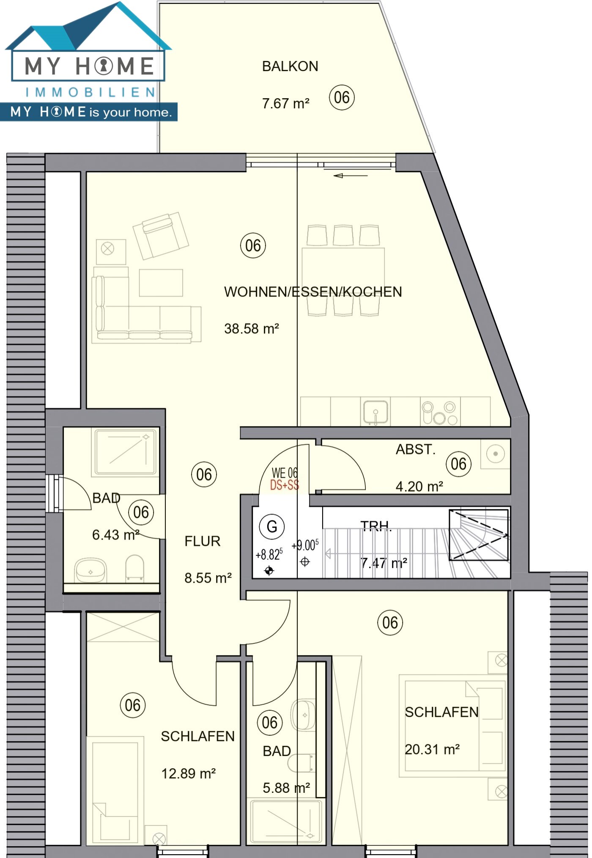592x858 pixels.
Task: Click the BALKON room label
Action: pyautogui.click(x=290, y=66)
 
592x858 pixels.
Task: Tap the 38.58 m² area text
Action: pyautogui.click(x=251, y=329)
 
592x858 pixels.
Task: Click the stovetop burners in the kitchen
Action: pyautogui.click(x=440, y=413)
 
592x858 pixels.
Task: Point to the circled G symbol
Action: pyautogui.click(x=271, y=527)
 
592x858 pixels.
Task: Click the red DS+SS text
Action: pyautogui.click(x=285, y=485)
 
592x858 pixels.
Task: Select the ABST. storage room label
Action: pyautogui.click(x=415, y=449)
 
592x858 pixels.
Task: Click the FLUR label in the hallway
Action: pyautogui.click(x=202, y=541)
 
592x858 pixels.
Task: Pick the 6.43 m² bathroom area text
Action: pyautogui.click(x=115, y=535)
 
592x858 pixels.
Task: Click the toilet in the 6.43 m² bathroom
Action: pyautogui.click(x=135, y=568)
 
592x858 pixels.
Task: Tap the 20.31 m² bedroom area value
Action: pyautogui.click(x=432, y=749)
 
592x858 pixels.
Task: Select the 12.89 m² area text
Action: pyautogui.click(x=188, y=774)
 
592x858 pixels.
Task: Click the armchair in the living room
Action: pyautogui.click(x=161, y=235)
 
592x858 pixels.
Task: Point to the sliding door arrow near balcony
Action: pyautogui.click(x=350, y=176)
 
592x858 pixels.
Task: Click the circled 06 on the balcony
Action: pyautogui.click(x=342, y=98)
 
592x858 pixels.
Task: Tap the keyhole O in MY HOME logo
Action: pyautogui.click(x=104, y=66)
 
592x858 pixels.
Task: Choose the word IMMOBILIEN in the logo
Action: pyautogui.click(x=90, y=92)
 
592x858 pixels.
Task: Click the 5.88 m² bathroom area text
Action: pyautogui.click(x=286, y=788)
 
